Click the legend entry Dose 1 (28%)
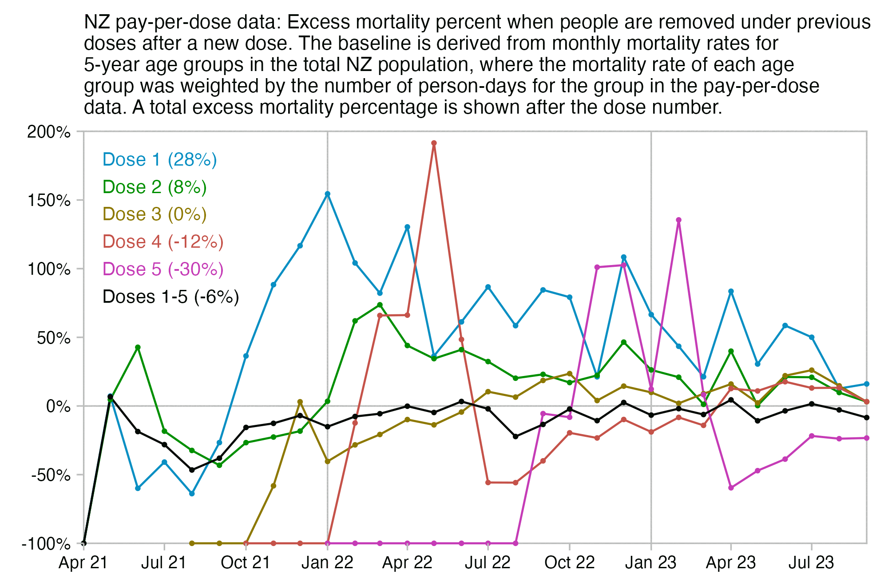159,160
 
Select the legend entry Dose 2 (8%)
155,187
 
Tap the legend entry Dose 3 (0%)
155,214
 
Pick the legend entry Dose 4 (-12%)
163,242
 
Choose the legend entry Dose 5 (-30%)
163,269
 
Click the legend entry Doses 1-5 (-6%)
170,297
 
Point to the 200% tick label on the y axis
49,132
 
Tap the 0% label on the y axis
58,407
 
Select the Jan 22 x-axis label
327,563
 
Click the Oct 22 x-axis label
569,563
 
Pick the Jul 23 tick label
811,563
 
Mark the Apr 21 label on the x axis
83,563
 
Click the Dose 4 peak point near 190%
434,143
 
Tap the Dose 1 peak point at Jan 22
328,194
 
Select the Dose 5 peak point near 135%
678,220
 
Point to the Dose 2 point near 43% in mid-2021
138,347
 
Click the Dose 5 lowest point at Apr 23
731,488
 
